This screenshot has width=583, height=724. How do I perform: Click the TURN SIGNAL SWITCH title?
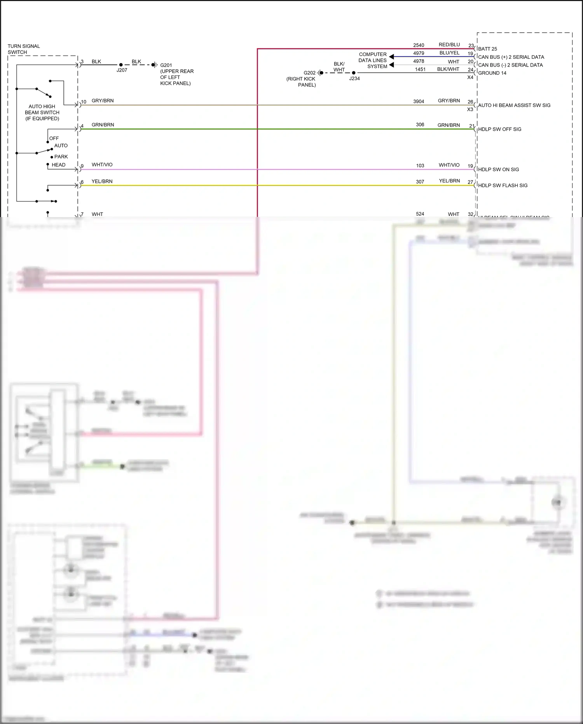point(24,49)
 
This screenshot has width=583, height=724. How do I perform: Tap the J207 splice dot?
point(121,65)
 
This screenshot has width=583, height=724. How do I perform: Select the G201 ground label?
point(166,65)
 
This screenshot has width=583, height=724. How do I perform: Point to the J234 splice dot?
point(354,73)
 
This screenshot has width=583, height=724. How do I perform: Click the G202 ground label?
point(309,73)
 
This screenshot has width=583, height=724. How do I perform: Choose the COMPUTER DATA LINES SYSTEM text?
point(373,60)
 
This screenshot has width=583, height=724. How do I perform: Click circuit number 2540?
point(419,45)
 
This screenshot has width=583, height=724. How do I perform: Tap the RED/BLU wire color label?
point(449,45)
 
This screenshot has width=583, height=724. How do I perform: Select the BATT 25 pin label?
point(487,49)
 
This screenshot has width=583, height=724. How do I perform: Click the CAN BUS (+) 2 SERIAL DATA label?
point(511,57)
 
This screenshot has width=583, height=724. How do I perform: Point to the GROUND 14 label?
point(492,73)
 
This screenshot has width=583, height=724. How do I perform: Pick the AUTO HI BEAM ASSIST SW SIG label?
point(514,105)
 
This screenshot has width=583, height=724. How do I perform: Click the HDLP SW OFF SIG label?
point(499,129)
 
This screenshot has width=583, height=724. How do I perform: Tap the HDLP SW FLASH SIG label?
point(503,185)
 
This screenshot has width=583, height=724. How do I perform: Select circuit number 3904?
point(419,102)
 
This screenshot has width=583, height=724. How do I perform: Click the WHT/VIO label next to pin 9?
point(102,165)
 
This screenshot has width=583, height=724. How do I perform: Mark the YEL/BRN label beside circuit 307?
point(449,181)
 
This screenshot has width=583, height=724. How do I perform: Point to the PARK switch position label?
point(61,157)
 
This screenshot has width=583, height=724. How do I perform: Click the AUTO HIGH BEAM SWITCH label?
point(42,112)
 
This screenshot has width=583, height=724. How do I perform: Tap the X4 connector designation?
point(470,77)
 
